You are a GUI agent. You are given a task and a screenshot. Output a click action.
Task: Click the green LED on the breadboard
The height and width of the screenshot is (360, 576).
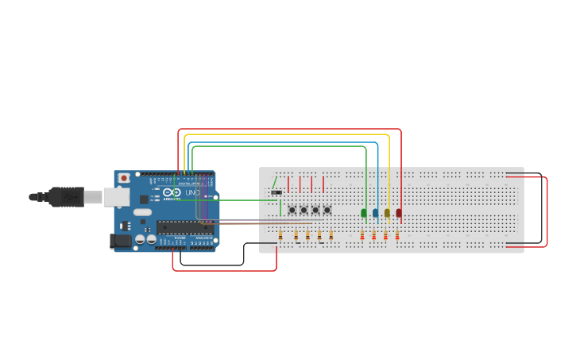point(364,213)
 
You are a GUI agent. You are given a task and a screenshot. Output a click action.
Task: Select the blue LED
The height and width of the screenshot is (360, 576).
point(376,213)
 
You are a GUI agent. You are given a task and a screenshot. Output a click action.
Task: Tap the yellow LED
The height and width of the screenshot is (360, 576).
point(387,213)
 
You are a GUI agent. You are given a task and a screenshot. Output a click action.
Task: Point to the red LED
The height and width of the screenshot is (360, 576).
point(399,213)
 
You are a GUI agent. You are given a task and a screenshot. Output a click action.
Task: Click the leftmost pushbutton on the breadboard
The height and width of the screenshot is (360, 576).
point(292,210)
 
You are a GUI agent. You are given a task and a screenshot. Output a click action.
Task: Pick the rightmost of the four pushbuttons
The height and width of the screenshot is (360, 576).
point(327,210)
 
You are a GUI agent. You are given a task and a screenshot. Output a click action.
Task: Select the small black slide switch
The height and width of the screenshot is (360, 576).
point(276,192)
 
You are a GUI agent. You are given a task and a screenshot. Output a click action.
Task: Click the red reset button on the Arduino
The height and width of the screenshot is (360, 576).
point(123,178)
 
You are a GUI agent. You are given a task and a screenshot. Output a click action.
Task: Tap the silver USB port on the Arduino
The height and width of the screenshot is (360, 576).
point(117,196)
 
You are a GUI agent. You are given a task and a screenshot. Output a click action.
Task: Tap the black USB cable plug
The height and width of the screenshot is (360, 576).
point(67,196)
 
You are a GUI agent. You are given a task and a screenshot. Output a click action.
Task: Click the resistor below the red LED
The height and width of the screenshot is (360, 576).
point(397,235)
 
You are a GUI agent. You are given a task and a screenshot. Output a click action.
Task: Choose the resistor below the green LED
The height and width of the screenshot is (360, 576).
point(362,235)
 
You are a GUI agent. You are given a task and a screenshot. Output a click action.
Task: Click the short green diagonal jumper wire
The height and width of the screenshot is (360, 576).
point(274,182)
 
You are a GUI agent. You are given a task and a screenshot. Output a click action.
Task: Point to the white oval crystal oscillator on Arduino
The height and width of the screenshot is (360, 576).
point(142,212)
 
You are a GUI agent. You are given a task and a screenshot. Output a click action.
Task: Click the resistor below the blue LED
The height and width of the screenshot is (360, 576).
point(374,235)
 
